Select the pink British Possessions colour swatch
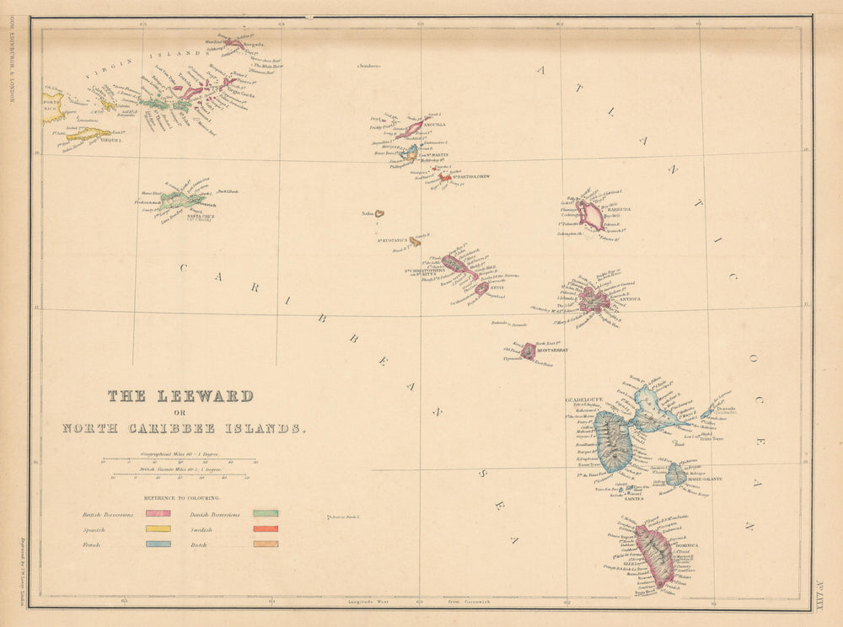click(158, 513)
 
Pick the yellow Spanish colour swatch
click(158, 529)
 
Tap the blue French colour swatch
click(158, 544)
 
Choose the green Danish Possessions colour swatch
click(266, 513)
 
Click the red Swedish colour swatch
click(266, 529)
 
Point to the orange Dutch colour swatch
click(266, 544)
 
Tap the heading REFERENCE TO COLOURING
click(181, 498)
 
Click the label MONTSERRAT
click(553, 349)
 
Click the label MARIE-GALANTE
click(705, 479)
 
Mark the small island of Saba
click(380, 214)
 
